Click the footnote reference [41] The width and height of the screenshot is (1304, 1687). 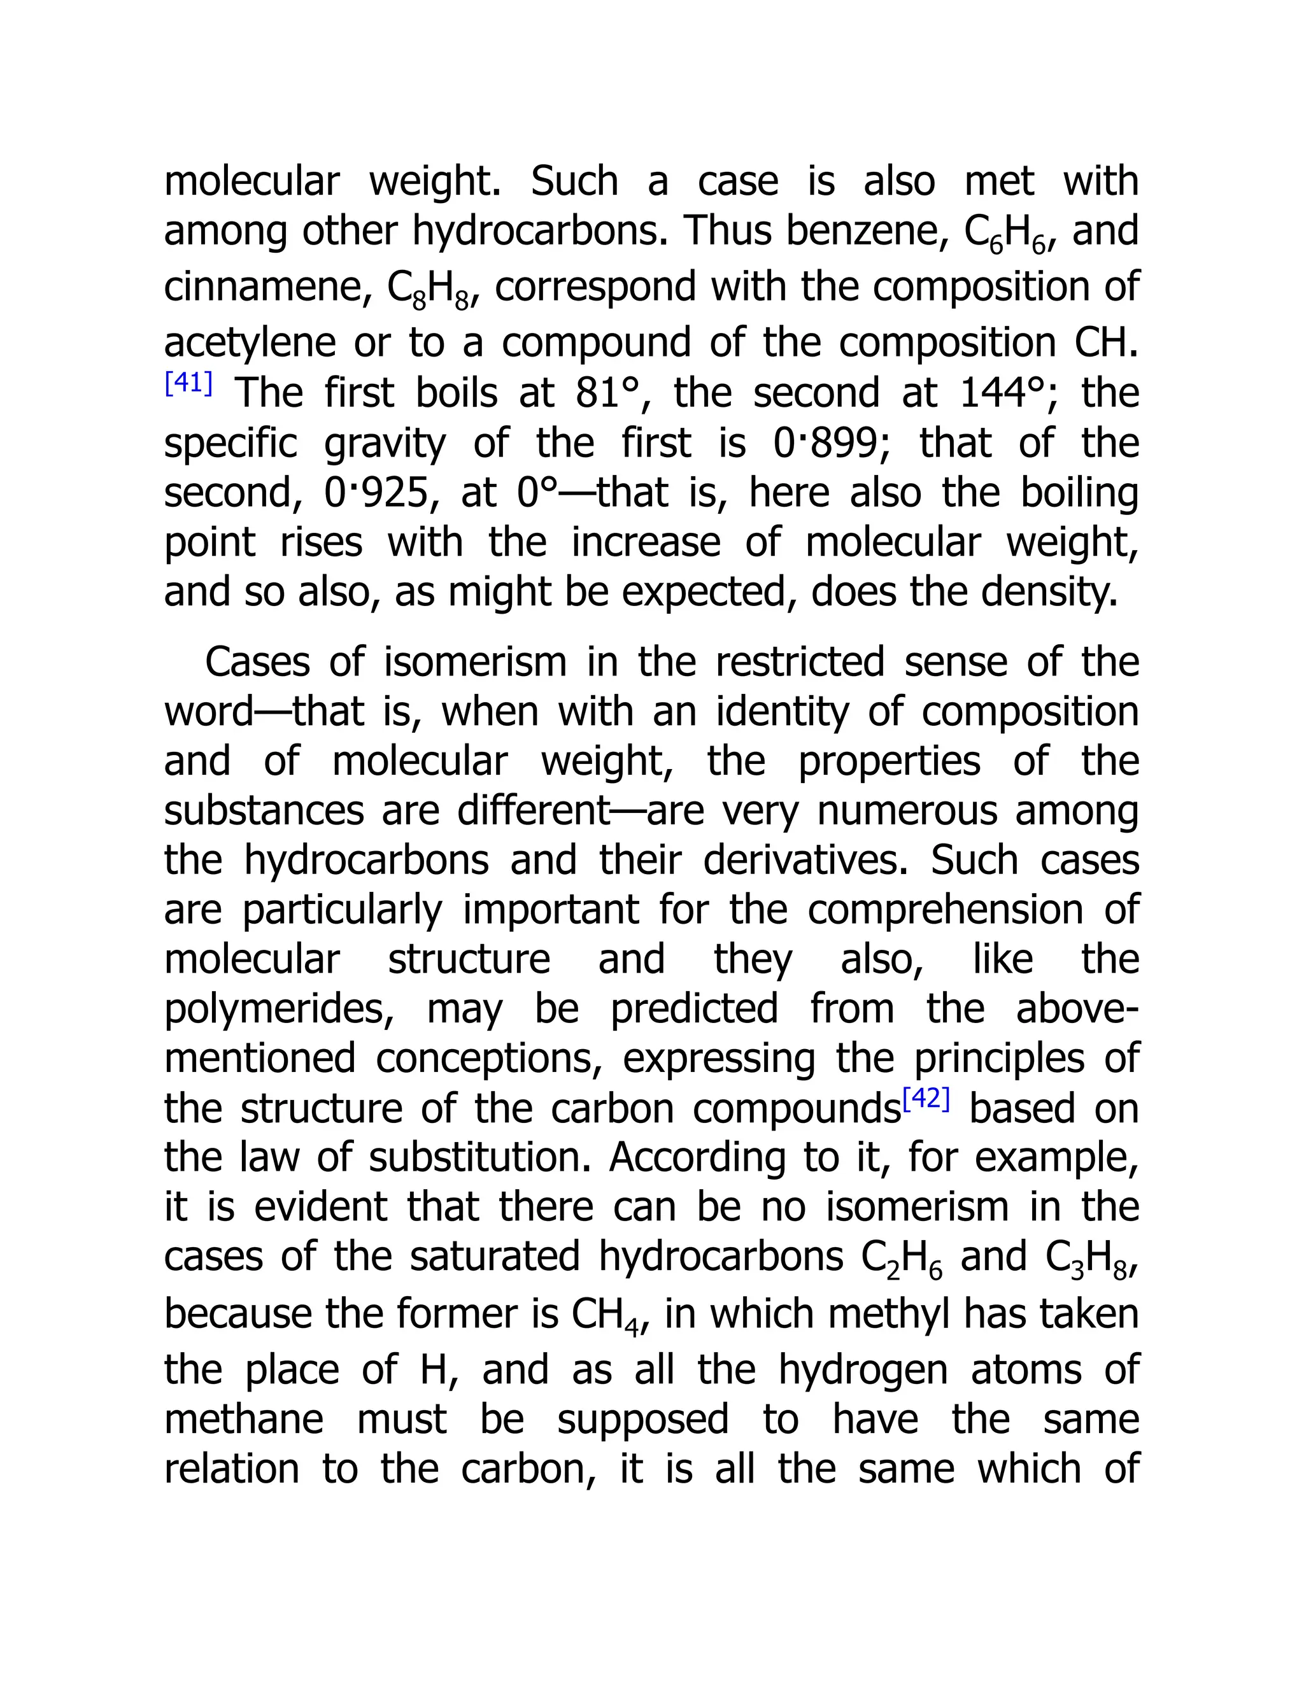[188, 383]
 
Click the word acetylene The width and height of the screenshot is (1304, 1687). [249, 342]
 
